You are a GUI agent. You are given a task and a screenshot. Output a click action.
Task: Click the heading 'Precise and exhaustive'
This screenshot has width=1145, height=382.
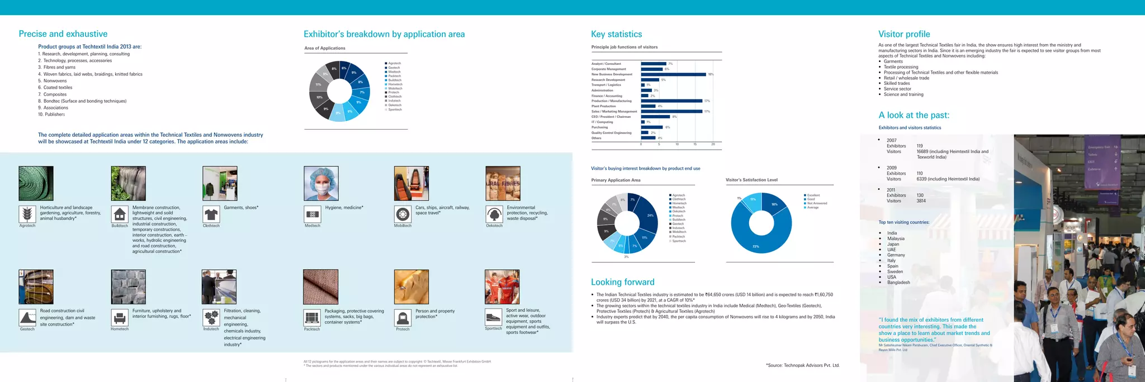point(63,34)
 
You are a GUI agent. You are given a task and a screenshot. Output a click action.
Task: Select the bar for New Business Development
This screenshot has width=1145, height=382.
point(673,74)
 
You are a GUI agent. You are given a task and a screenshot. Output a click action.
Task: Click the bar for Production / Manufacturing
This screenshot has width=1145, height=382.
point(671,101)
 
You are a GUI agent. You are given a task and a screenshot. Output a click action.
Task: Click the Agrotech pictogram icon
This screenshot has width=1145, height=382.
point(27,214)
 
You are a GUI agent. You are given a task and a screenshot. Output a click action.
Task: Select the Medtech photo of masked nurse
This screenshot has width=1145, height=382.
point(321,183)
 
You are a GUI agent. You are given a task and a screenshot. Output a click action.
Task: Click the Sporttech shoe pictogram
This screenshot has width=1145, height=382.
point(493,317)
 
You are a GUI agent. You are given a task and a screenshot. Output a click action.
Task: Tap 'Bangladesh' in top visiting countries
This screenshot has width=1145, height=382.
point(898,283)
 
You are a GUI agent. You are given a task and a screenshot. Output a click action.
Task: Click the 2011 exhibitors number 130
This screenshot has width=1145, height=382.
point(920,195)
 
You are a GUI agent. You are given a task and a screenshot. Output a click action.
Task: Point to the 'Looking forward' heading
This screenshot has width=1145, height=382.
point(622,282)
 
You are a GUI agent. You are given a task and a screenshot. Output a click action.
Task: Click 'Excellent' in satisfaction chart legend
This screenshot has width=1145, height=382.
point(813,195)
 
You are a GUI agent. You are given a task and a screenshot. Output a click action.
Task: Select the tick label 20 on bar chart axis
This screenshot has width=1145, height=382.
point(713,145)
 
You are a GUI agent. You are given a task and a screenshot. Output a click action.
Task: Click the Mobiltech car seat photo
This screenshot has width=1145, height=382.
point(411,183)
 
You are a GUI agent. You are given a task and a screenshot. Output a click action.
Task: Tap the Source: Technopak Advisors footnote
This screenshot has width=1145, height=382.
point(802,365)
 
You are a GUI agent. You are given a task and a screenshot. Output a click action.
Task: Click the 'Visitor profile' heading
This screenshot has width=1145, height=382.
point(904,34)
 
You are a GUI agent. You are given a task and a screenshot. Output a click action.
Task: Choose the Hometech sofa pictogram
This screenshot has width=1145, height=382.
point(120,318)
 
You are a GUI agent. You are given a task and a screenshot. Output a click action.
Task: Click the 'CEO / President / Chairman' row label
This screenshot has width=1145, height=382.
point(611,117)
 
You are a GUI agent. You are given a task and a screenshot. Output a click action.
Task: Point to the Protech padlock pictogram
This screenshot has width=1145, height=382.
point(403,318)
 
